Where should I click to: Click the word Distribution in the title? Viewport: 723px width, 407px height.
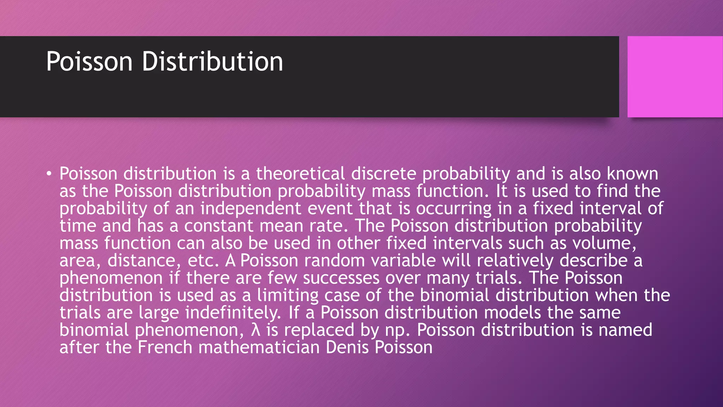click(212, 61)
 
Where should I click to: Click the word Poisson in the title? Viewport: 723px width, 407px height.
click(89, 61)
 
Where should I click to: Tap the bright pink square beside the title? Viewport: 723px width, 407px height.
click(675, 77)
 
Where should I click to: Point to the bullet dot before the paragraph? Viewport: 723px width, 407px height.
click(49, 173)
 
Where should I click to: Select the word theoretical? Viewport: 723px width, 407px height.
click(300, 173)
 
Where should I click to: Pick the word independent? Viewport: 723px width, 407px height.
click(251, 208)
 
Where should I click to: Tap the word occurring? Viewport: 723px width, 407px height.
click(453, 208)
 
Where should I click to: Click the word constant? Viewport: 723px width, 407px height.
click(219, 225)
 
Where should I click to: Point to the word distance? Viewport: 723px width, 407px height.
click(141, 260)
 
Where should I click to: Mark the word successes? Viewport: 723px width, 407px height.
click(341, 278)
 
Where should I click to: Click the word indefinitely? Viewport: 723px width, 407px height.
click(233, 312)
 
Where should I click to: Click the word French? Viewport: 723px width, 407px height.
click(165, 347)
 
